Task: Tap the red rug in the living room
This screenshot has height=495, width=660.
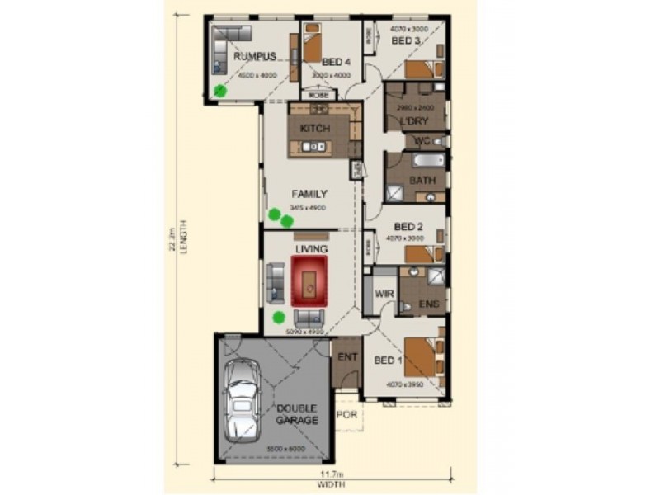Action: point(309,280)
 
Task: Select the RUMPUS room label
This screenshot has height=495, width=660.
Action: point(254,57)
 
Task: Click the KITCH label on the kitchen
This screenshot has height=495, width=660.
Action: point(315,129)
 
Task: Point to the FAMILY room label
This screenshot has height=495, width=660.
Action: point(309,194)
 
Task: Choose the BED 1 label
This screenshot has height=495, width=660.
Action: point(388,361)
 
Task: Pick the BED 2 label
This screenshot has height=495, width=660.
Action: point(408,227)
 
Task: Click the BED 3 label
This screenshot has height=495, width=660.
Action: point(405,40)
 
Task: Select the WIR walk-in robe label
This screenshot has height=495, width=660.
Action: point(382,295)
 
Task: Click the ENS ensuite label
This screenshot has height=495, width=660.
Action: point(428,305)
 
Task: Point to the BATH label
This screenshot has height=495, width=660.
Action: point(422,180)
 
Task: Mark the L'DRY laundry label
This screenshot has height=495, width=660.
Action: point(412,123)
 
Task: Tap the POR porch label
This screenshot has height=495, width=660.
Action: point(348,414)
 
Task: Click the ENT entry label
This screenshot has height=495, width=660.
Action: point(346,358)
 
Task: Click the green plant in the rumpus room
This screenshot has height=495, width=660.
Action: point(220,91)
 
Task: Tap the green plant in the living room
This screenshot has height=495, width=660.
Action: point(278,317)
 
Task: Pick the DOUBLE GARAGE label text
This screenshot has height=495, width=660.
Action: point(297,414)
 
